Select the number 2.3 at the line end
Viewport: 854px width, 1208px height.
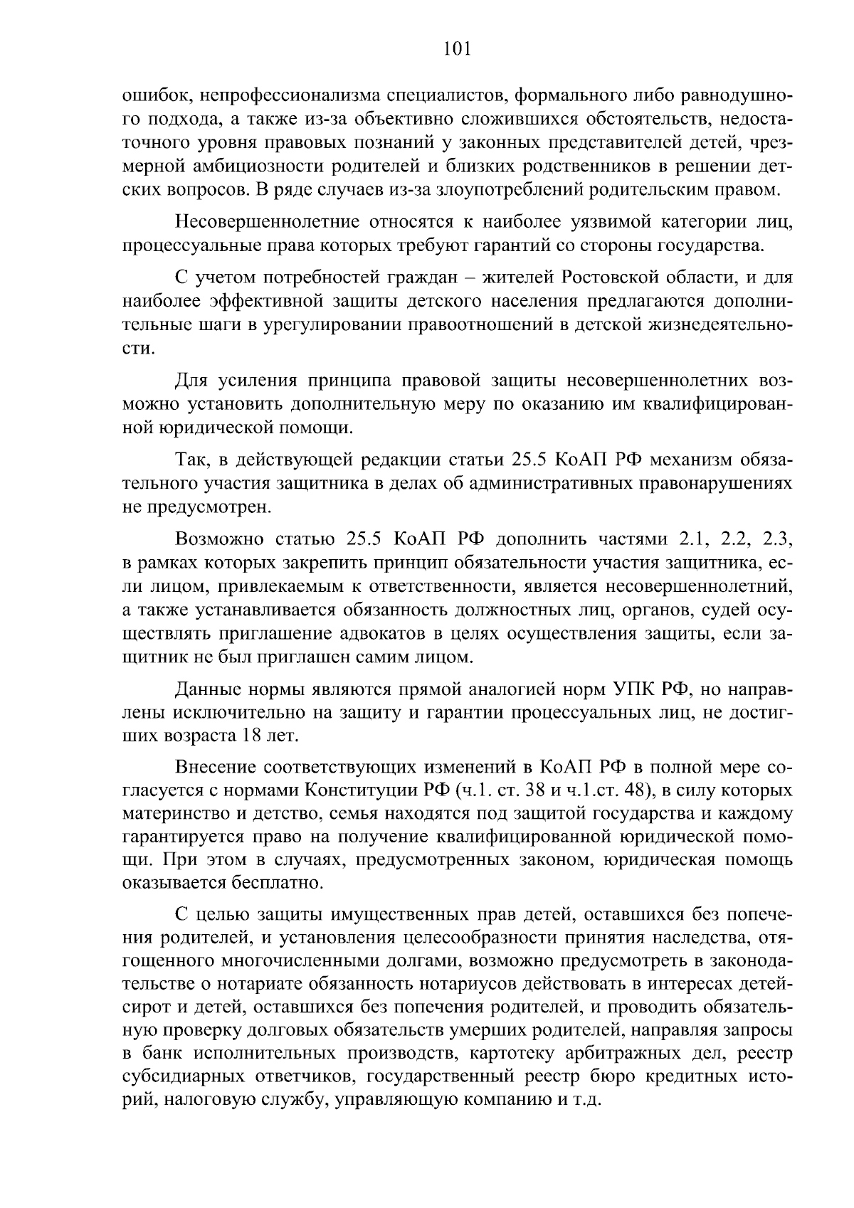[777, 539]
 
